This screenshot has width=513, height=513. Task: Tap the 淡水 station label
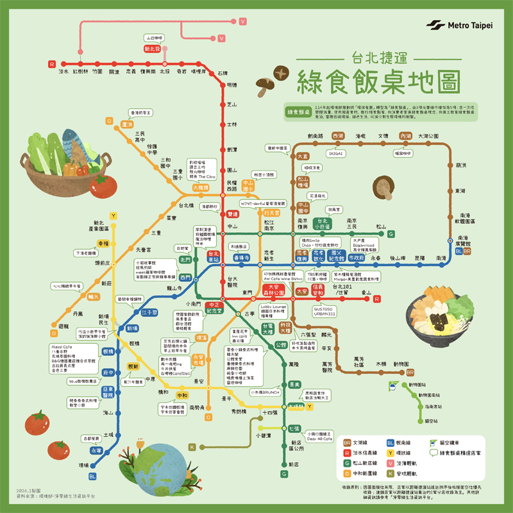[63, 72]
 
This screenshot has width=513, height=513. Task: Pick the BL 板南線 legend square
[391, 442]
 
